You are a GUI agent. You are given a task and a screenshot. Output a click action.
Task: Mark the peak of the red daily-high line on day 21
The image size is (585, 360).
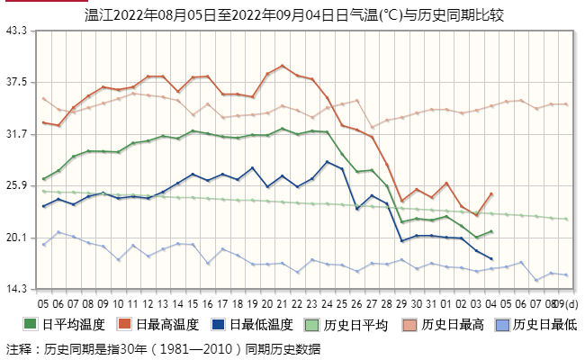[283, 66]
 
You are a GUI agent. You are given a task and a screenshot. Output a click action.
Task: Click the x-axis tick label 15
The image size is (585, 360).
[193, 303]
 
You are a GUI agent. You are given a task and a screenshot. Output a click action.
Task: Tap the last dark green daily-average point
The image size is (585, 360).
[490, 231]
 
